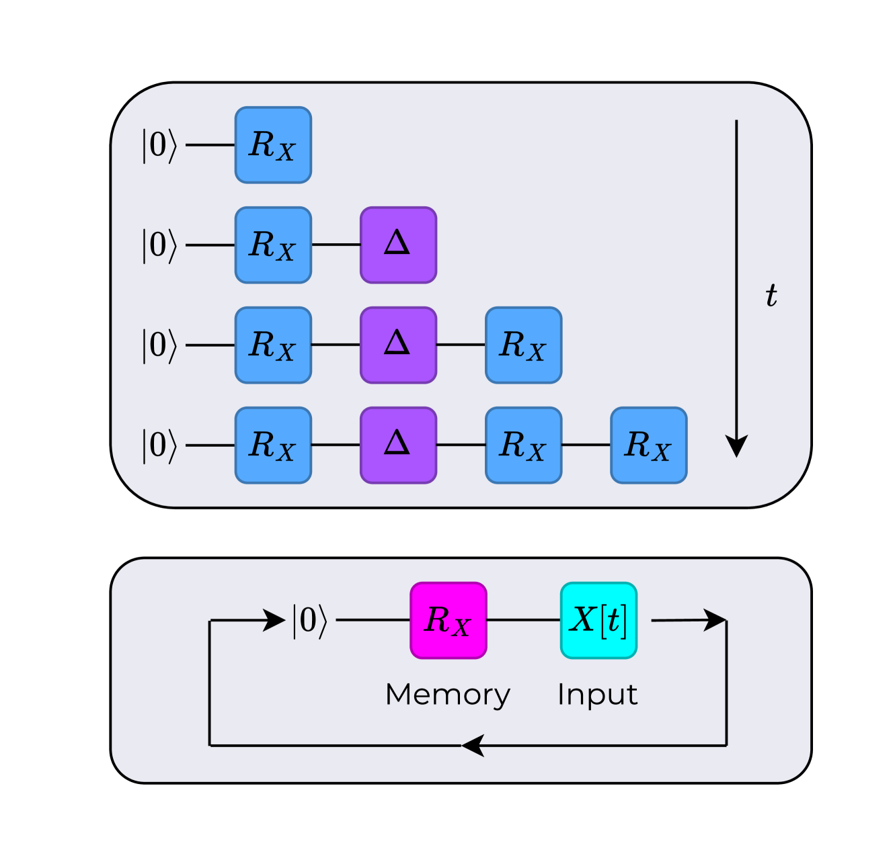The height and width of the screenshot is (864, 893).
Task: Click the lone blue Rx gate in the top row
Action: click(x=273, y=145)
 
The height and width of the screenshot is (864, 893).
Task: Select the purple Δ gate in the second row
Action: click(x=398, y=245)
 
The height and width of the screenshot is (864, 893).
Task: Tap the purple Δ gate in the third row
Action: click(x=398, y=345)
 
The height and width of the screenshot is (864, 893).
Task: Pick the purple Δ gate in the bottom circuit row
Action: click(x=398, y=445)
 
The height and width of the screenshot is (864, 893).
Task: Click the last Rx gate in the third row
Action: click(x=523, y=345)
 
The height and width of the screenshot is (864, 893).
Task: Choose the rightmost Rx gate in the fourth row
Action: click(x=648, y=445)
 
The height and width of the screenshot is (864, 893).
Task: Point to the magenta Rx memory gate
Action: click(x=448, y=620)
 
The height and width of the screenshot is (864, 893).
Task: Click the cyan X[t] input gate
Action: click(x=598, y=620)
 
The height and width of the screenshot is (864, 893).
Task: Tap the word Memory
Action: click(x=448, y=695)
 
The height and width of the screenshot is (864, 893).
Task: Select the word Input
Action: click(x=597, y=695)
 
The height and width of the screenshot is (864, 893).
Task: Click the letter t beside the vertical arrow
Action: click(x=771, y=296)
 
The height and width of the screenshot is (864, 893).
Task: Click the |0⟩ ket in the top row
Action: click(x=159, y=145)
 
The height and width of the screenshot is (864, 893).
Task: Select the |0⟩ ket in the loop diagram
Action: click(x=309, y=620)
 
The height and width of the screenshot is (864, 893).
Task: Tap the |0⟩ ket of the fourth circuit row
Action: click(x=159, y=445)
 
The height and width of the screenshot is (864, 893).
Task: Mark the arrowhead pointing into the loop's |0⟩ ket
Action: click(x=274, y=620)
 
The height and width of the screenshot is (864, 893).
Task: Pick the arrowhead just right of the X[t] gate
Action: click(x=714, y=619)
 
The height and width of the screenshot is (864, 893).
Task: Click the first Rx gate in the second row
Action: click(x=273, y=245)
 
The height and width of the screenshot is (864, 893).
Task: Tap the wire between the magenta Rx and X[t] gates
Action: click(x=523, y=620)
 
